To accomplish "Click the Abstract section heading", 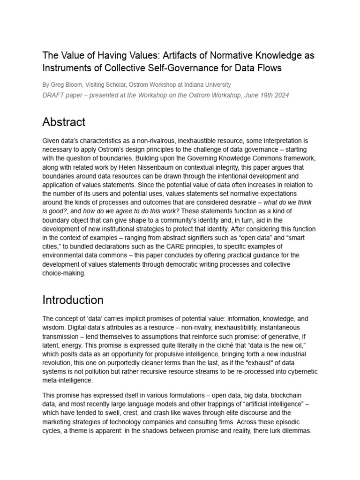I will point(64,122).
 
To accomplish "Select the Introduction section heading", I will point(73,300).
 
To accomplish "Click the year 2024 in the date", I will point(280,95).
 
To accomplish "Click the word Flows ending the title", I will point(268,68).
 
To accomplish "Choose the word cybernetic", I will point(300,371).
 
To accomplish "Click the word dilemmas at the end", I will point(293,430).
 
